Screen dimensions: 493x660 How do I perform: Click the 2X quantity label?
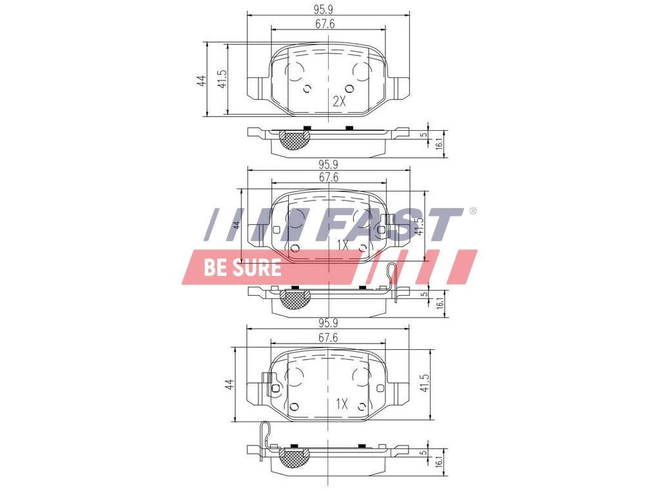340,102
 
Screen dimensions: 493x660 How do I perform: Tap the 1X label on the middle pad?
342,246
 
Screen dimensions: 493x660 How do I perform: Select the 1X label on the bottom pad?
342,404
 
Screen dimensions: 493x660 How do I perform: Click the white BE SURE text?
242,267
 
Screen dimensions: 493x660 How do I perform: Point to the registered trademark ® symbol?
472,211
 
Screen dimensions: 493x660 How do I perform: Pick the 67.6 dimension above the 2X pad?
327,24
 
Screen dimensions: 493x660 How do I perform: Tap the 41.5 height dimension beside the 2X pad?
222,80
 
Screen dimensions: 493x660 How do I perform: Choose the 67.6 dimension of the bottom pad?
327,338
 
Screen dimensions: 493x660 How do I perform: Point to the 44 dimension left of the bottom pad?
229,385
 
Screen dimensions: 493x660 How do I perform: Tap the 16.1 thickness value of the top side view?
438,145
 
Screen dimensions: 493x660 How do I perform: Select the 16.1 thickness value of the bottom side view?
438,461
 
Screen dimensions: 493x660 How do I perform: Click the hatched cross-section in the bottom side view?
295,457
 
